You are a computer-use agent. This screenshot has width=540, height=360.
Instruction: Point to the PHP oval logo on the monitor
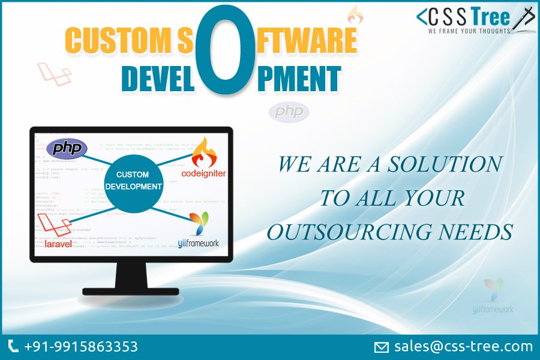coord(67,148)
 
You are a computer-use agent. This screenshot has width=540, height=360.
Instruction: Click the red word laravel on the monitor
coord(58,244)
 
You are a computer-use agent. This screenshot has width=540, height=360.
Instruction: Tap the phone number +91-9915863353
coord(80,347)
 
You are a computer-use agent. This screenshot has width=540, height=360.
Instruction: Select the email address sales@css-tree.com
coord(463,346)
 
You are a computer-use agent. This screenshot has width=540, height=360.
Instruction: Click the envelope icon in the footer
coord(382,347)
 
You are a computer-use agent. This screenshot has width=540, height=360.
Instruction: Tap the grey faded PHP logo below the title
coord(289,112)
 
